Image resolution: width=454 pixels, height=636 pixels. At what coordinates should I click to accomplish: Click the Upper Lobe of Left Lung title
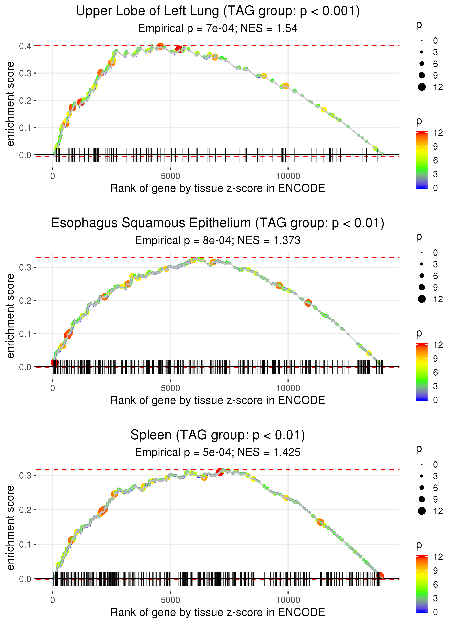click(218, 11)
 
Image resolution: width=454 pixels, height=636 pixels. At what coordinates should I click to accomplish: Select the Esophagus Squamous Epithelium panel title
click(218, 223)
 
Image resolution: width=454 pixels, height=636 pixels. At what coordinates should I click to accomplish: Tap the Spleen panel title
click(218, 435)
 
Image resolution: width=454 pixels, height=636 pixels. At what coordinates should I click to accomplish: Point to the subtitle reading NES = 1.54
click(218, 28)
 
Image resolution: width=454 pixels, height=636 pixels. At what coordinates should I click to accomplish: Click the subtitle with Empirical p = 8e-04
click(218, 240)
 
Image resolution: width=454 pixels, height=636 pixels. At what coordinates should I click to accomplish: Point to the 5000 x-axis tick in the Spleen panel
click(170, 600)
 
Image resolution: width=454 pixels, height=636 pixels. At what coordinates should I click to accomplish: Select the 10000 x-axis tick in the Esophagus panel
click(288, 388)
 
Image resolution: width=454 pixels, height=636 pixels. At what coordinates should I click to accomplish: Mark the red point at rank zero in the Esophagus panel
click(54, 363)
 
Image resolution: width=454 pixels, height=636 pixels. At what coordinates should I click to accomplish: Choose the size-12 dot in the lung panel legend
click(421, 87)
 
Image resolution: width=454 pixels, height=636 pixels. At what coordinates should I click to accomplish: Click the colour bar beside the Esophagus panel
click(421, 372)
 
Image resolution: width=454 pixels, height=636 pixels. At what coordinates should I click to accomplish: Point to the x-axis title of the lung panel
click(218, 188)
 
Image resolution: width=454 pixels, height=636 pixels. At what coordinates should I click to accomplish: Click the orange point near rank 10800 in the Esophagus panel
click(308, 303)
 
